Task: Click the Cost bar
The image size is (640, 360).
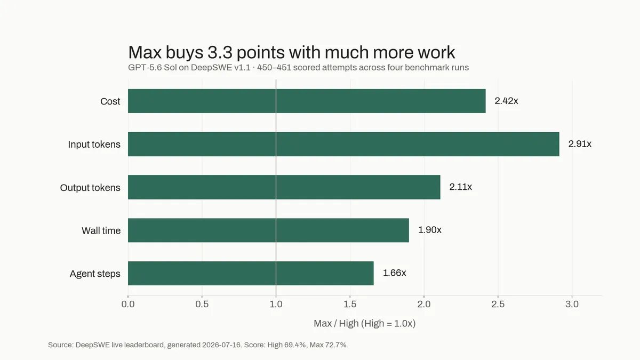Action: [x=307, y=101]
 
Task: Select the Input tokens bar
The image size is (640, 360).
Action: [x=343, y=144]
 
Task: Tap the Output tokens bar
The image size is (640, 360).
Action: [x=284, y=187]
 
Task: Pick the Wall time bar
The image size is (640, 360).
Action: [x=268, y=230]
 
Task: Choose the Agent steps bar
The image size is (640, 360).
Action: [x=251, y=273]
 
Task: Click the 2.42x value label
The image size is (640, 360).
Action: [x=506, y=101]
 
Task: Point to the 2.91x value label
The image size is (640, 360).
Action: [x=580, y=143]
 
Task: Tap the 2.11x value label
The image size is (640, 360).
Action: [x=461, y=187]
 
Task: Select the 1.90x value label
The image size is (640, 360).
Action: [x=430, y=230]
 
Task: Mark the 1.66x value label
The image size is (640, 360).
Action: [x=394, y=273]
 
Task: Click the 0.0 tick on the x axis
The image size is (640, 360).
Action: [x=128, y=304]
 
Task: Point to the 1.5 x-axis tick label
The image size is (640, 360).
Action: [x=350, y=304]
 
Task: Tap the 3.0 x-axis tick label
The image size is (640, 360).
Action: [x=572, y=304]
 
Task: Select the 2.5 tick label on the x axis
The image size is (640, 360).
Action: [x=498, y=304]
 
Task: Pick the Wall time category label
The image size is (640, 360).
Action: [x=101, y=230]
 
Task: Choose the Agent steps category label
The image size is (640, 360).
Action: [x=95, y=274]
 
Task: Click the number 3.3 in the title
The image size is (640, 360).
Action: [x=219, y=52]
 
